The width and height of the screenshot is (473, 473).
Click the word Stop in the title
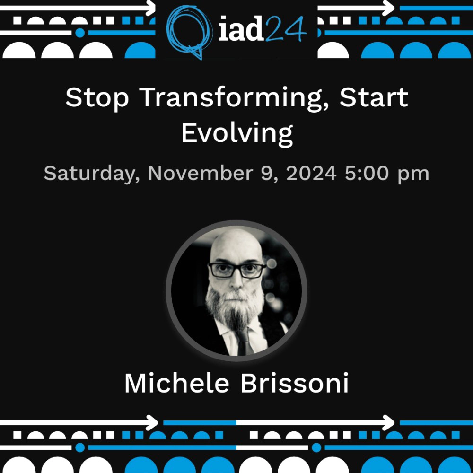[97, 97]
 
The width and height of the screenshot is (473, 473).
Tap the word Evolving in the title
[237, 133]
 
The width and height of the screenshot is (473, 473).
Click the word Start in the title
[374, 97]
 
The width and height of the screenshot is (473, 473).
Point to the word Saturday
[92, 174]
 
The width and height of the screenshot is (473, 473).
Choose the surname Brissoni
[295, 384]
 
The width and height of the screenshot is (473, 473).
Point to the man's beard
[235, 307]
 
